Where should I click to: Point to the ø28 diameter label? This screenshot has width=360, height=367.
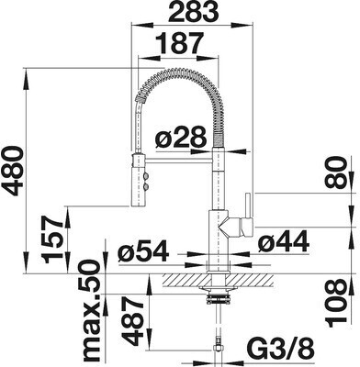coord(179,139)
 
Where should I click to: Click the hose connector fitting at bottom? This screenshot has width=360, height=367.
coord(218,350)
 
